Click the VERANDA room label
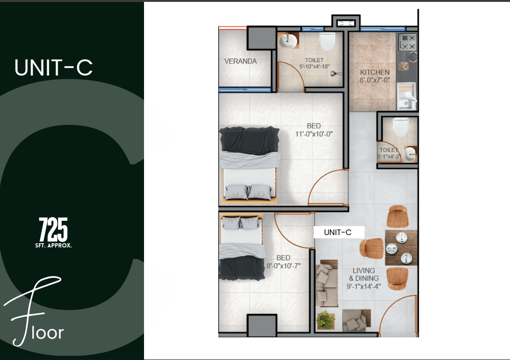(x=241, y=61)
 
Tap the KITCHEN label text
(x=375, y=72)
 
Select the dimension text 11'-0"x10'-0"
(x=314, y=134)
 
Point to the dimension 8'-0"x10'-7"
(x=283, y=266)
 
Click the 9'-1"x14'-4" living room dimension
(x=364, y=286)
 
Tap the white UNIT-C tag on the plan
(x=339, y=232)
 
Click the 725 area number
(x=53, y=229)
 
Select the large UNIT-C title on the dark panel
(x=54, y=67)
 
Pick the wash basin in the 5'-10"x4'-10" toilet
(x=288, y=41)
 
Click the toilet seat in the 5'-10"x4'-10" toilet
(x=327, y=41)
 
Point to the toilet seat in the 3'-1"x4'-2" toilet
(x=400, y=127)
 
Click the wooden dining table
(x=401, y=248)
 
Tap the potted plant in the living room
(x=326, y=320)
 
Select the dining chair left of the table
(x=372, y=248)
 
